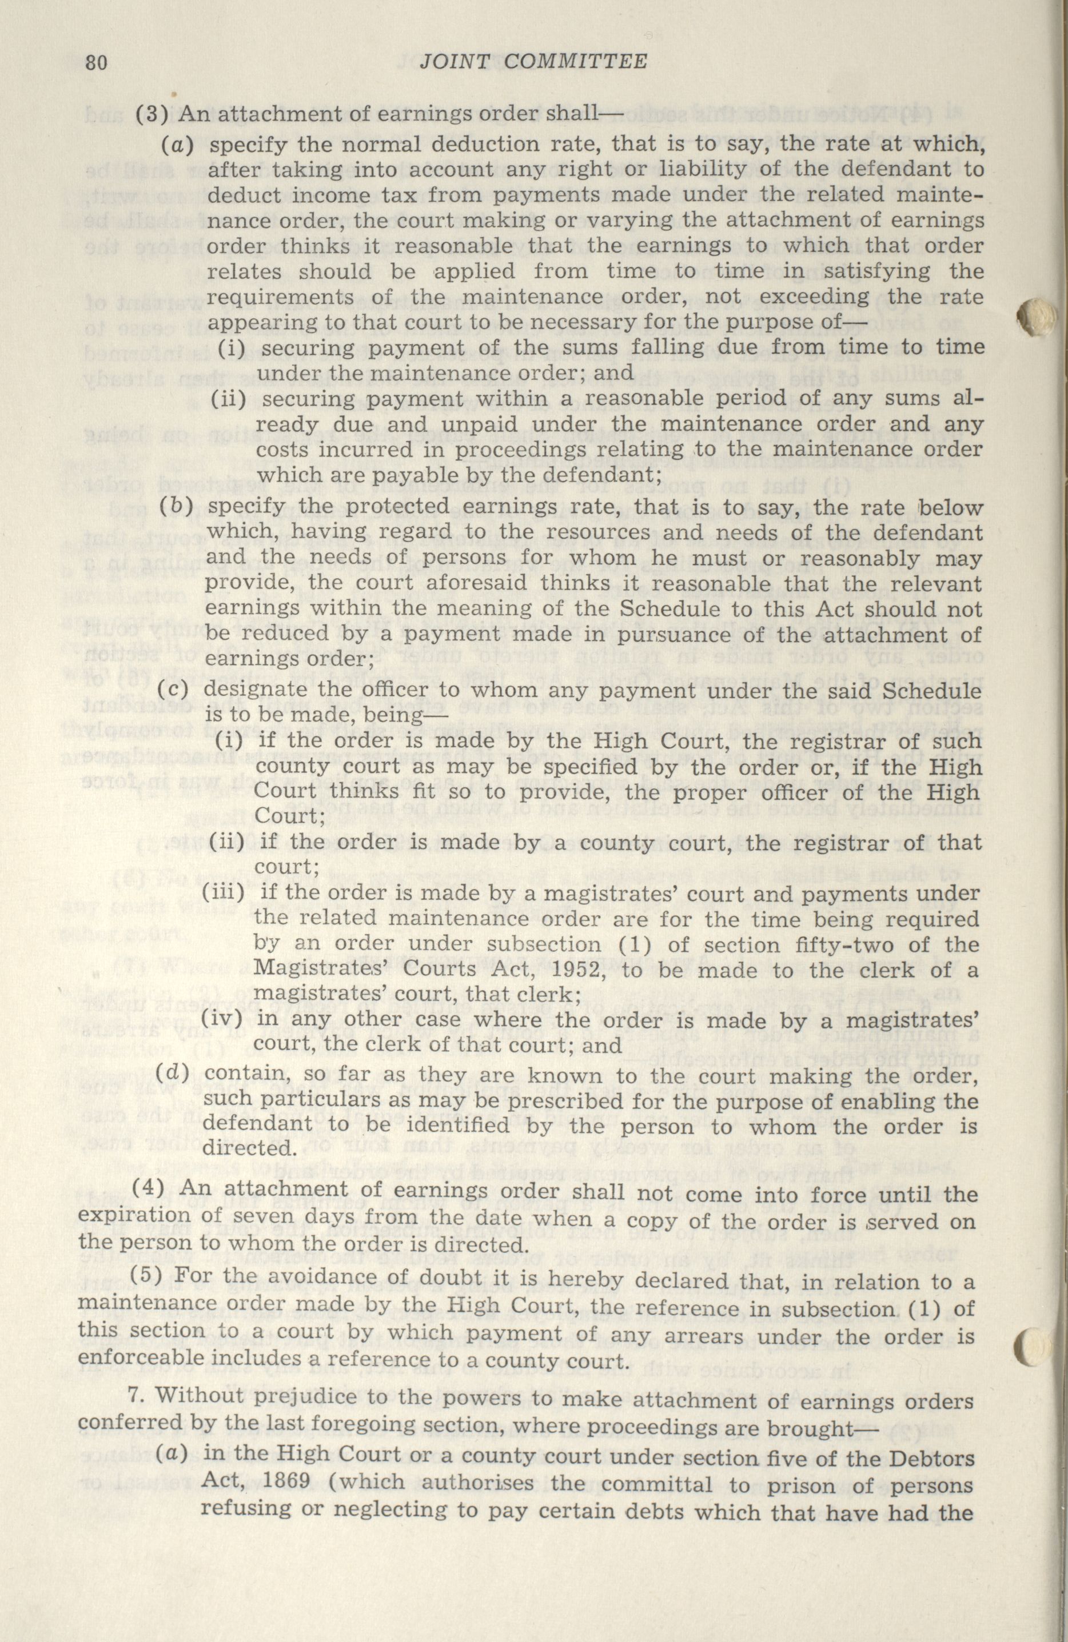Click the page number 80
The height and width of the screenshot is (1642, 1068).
pyautogui.click(x=95, y=62)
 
